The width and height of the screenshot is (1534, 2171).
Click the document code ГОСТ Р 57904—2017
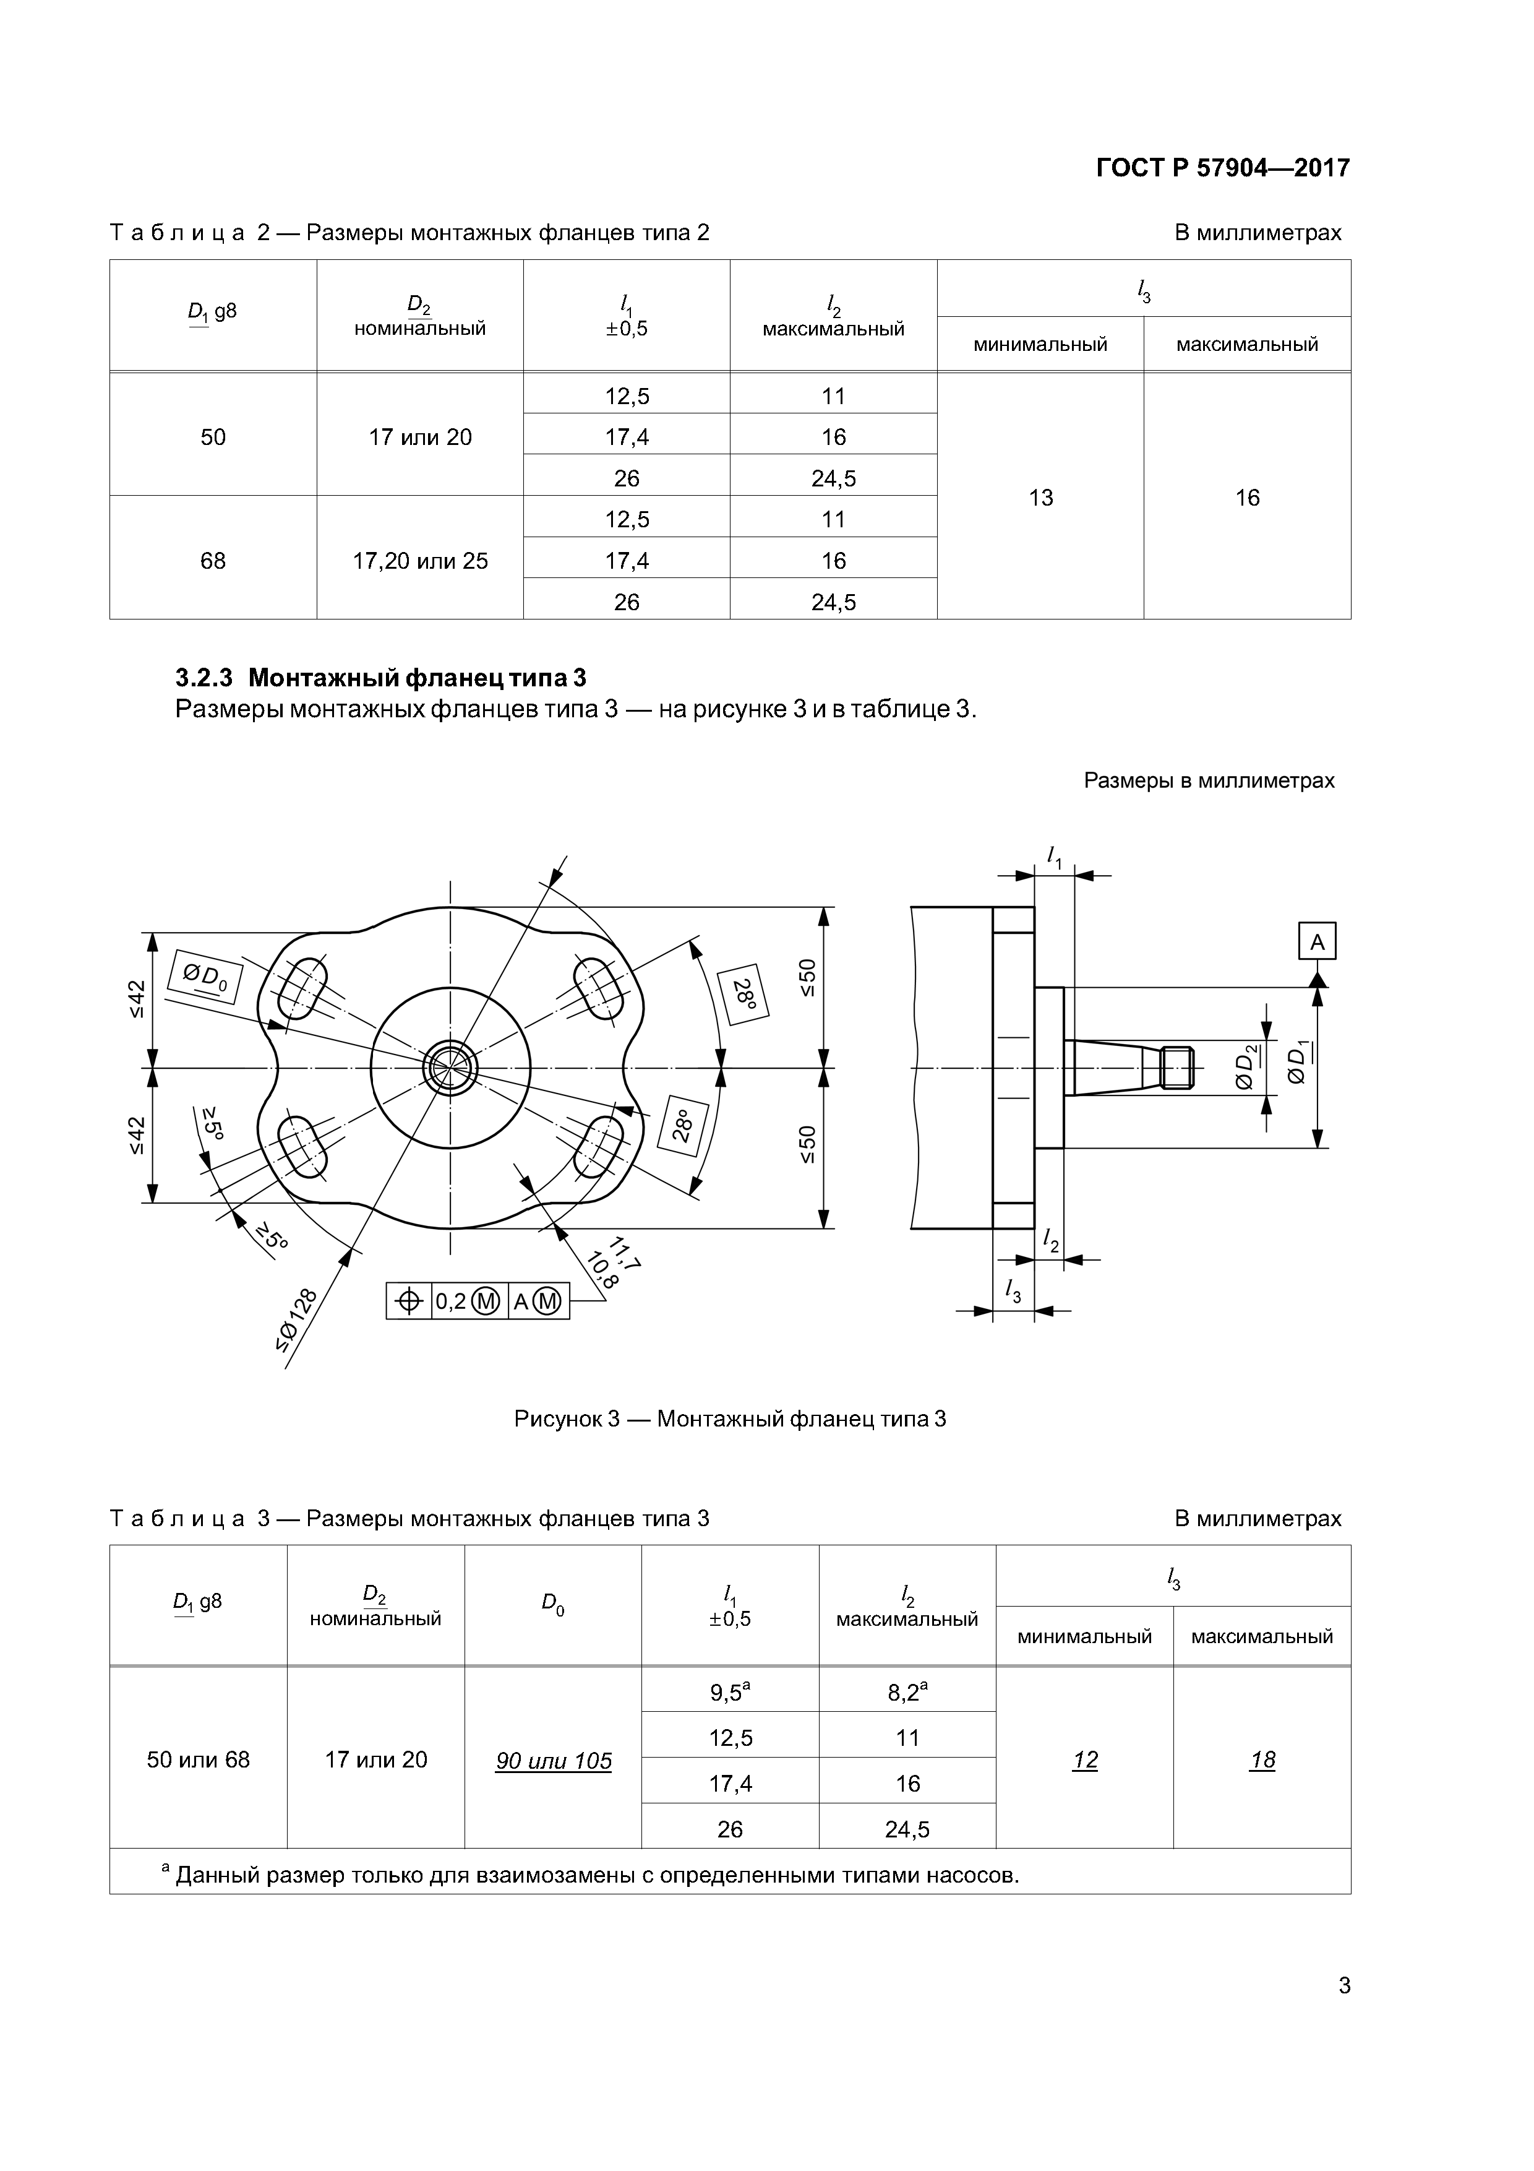point(1222,168)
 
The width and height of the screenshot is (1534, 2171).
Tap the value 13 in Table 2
point(1040,498)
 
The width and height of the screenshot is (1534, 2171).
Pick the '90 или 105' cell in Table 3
point(553,1761)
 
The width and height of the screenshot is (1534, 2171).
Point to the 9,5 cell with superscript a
point(730,1691)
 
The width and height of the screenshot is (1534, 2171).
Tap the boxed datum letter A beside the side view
point(1318,942)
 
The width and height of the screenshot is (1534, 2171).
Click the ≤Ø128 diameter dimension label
point(298,1319)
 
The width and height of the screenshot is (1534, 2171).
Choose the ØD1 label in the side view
point(1298,1064)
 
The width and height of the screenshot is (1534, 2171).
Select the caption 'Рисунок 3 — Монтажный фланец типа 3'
point(730,1418)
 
